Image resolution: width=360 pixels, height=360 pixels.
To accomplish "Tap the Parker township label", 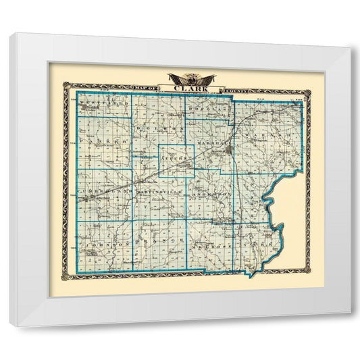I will [x=103, y=143].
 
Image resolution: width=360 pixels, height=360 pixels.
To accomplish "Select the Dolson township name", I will [x=159, y=127].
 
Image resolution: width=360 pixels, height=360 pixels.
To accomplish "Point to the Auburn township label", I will [x=176, y=157].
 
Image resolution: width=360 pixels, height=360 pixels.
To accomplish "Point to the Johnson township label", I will [x=104, y=241].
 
